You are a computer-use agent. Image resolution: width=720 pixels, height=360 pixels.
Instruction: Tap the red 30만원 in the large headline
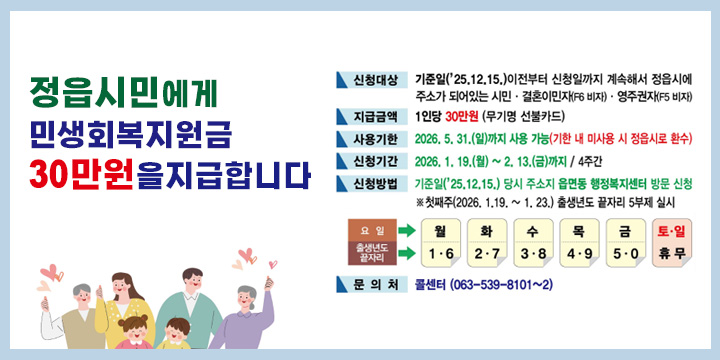click(x=80, y=173)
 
